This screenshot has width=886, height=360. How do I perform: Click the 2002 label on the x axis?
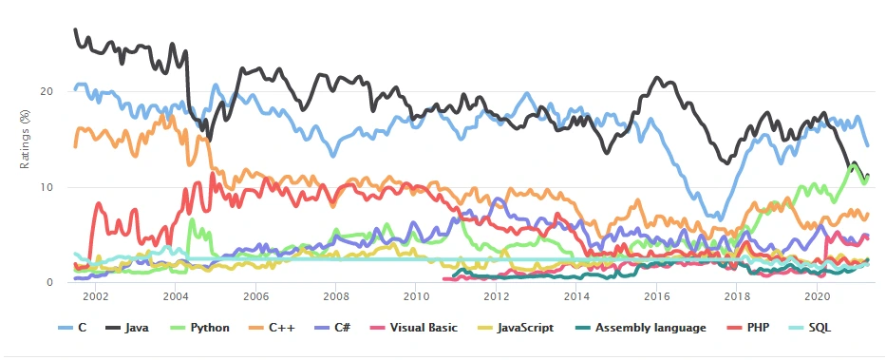pos(95,295)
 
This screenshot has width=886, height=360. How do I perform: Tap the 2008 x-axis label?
pos(335,295)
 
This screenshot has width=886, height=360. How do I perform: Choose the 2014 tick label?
pos(575,295)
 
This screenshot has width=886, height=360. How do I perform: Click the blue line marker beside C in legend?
pos(66,329)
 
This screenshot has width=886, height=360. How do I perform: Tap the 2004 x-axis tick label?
pos(175,295)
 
